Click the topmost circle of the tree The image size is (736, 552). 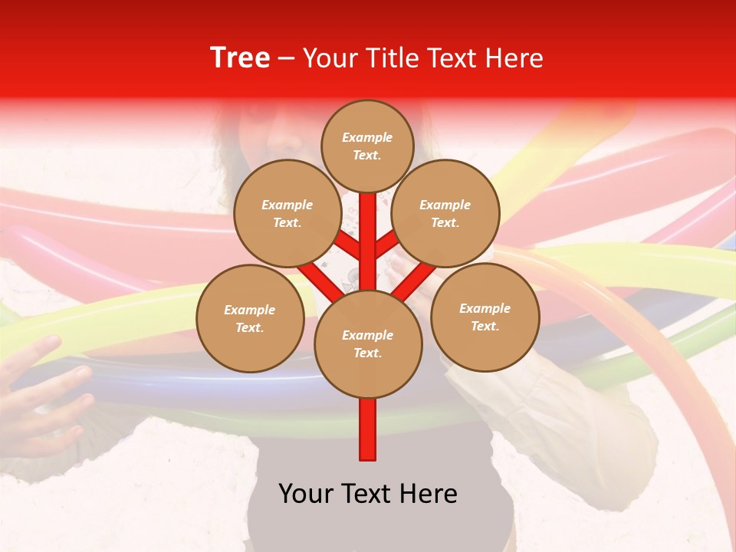click(x=367, y=146)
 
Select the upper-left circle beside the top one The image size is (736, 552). click(x=287, y=214)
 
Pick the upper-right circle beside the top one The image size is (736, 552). click(x=445, y=214)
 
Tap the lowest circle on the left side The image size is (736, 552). click(x=250, y=318)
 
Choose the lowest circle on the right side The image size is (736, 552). click(x=485, y=317)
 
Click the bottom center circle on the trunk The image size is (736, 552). click(x=368, y=344)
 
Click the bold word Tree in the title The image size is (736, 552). click(x=240, y=58)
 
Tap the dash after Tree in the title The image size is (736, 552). click(x=287, y=59)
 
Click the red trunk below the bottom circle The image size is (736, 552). click(x=368, y=429)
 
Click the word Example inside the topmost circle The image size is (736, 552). click(x=367, y=137)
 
